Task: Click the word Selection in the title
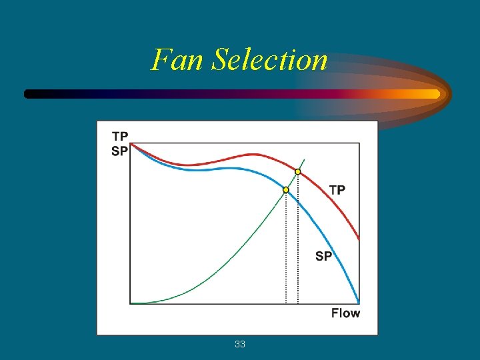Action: click(x=270, y=59)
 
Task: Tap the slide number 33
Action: click(x=240, y=344)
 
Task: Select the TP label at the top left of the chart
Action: click(x=120, y=137)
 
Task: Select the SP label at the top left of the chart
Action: click(x=120, y=151)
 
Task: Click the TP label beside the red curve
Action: click(x=337, y=190)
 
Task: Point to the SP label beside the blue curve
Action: click(x=323, y=256)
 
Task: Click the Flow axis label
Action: click(x=345, y=313)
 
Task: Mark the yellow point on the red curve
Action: click(x=298, y=172)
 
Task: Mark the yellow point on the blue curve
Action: click(x=286, y=190)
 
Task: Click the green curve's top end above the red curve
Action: click(x=304, y=159)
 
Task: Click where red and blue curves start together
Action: click(x=131, y=144)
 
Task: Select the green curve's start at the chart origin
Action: click(x=132, y=303)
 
